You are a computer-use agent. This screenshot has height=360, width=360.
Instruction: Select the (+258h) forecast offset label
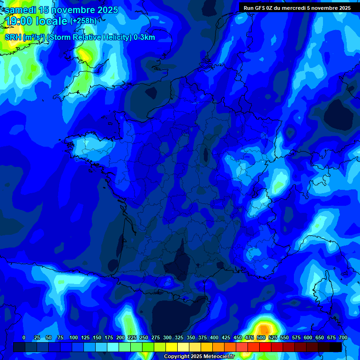tap(83, 21)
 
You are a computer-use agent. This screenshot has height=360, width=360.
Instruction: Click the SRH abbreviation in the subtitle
tap(13, 37)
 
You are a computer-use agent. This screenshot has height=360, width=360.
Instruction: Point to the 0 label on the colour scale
tap(24, 337)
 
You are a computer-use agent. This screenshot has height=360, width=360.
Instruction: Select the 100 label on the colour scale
tap(74, 337)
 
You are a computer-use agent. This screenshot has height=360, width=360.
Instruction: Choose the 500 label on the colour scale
tap(261, 337)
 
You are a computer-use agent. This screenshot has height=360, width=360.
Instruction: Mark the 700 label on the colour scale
tap(343, 337)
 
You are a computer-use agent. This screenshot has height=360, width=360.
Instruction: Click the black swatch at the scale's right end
tap(336, 347)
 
